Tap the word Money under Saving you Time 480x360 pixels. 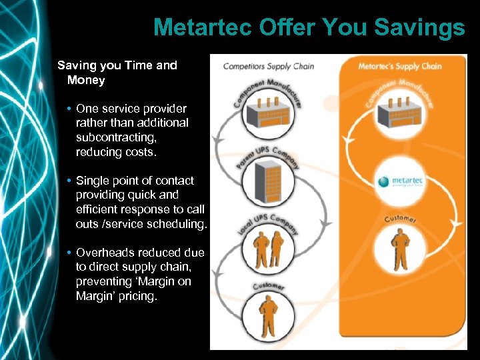coord(86,80)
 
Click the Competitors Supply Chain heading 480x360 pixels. coord(268,66)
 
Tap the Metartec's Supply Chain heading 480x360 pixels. coord(400,66)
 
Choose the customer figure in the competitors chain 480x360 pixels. coord(268,317)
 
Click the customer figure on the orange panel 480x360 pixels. coord(400,249)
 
